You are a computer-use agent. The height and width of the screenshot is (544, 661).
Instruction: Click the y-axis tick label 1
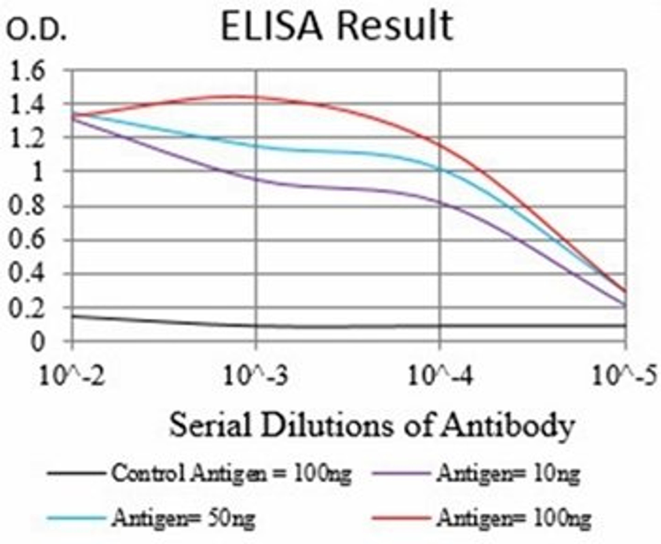click(38, 172)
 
